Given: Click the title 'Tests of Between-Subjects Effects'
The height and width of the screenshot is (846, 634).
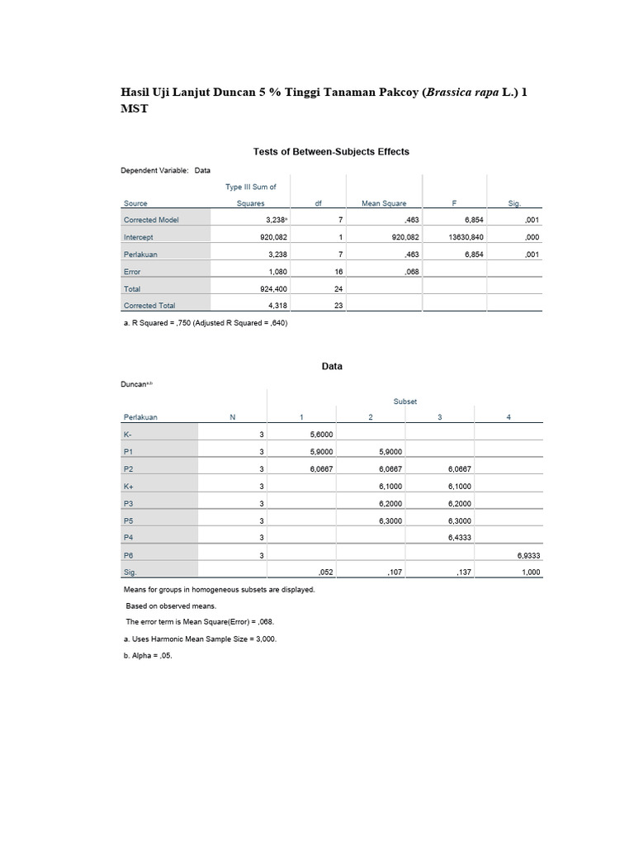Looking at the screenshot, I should tap(330, 151).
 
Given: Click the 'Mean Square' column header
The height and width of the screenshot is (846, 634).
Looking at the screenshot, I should tap(384, 202).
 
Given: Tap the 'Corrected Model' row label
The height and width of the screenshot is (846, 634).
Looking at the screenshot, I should tap(151, 220).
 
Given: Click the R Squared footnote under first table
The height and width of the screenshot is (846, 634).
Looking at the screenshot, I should tap(204, 323).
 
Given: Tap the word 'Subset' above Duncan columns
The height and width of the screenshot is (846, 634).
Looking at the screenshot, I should tap(405, 401).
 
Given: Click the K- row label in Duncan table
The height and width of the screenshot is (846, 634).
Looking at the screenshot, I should tap(128, 433).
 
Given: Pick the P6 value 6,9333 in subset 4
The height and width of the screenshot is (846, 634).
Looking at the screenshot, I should tap(528, 554).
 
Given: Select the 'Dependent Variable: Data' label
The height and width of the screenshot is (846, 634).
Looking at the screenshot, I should tap(166, 170).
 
